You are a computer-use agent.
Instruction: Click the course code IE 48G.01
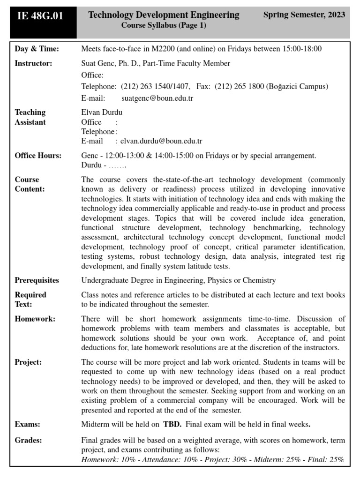tap(40, 16)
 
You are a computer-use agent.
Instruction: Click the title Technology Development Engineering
tap(164, 15)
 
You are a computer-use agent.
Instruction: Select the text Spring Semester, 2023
tap(304, 15)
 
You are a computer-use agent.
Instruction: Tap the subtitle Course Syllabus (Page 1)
tap(164, 26)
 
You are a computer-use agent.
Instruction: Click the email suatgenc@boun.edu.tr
tap(157, 98)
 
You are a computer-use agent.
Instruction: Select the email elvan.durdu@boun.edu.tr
tap(161, 141)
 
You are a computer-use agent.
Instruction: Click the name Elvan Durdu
tap(102, 112)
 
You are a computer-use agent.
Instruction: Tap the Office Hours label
tap(38, 156)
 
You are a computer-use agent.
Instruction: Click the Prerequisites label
tap(37, 280)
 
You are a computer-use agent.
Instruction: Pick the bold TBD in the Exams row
tap(171, 425)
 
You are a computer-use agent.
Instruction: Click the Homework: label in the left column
tap(35, 319)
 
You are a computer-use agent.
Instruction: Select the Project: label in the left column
tap(28, 362)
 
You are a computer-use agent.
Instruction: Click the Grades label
tap(28, 440)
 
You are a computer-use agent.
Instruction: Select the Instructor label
tap(33, 63)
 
